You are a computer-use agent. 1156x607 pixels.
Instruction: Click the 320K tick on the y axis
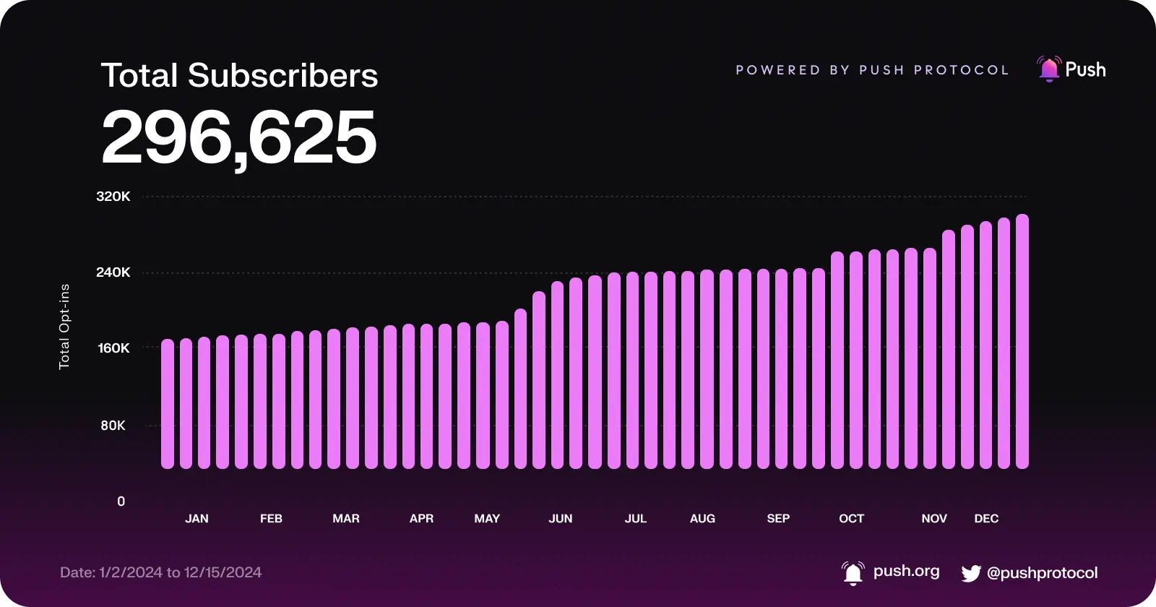[x=113, y=197]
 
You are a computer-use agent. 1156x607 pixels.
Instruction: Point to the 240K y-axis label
[x=113, y=272]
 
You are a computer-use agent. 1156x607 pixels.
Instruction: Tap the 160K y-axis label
[x=113, y=348]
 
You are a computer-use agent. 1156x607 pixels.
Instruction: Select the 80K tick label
[x=113, y=426]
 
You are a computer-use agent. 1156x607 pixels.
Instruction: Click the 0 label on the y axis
[x=121, y=501]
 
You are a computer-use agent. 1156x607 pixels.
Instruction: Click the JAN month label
[x=197, y=519]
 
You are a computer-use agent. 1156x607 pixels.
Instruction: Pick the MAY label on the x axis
[x=487, y=519]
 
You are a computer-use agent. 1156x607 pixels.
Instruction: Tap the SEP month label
[x=778, y=519]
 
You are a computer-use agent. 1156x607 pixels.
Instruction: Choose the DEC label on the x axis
[x=986, y=519]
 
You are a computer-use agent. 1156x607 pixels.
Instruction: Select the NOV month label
[x=934, y=519]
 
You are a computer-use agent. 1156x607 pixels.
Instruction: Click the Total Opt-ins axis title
[x=64, y=327]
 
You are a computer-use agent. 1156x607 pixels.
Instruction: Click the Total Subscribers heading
[x=239, y=76]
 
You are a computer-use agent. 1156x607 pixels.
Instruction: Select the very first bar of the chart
[x=168, y=404]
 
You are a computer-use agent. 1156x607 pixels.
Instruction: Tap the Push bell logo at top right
[x=1048, y=69]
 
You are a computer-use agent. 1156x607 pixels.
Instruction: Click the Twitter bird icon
[x=971, y=574]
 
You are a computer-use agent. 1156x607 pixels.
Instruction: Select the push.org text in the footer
[x=906, y=571]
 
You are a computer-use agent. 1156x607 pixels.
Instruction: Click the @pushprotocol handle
[x=1042, y=573]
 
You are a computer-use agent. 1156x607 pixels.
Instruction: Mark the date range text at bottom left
[x=161, y=572]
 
